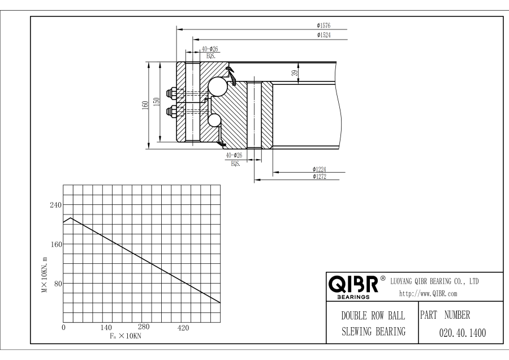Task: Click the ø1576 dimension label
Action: [324, 25]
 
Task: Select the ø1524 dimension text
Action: [324, 36]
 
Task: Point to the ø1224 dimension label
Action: [320, 169]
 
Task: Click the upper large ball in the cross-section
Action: [217, 87]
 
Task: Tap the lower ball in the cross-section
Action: [214, 119]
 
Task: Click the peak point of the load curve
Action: [70, 218]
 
